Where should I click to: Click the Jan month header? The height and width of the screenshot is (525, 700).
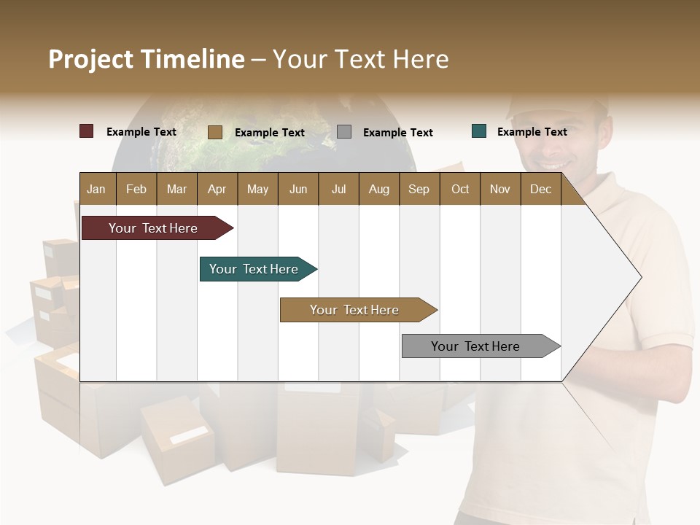coord(96,189)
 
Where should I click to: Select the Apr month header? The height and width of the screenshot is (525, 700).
coord(217,189)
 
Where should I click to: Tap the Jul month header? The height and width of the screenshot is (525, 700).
coord(338,189)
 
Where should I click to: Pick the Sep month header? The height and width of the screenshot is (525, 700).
coord(419,189)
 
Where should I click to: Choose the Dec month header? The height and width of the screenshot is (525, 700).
coord(540,189)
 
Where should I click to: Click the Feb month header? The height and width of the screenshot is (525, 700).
coord(136,189)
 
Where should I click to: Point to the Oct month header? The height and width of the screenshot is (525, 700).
coord(460,189)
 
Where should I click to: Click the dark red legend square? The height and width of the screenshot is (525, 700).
coord(87,131)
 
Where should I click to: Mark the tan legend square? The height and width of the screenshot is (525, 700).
coord(215,132)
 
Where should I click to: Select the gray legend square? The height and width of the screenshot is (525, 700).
coord(344,132)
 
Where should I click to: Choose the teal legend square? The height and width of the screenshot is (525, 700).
coord(479,131)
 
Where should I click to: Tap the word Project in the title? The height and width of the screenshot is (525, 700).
coord(91,59)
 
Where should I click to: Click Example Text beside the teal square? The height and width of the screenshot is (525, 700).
coord(532,132)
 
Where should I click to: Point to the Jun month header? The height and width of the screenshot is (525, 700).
coord(298,189)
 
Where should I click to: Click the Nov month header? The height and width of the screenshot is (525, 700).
coord(500,189)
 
